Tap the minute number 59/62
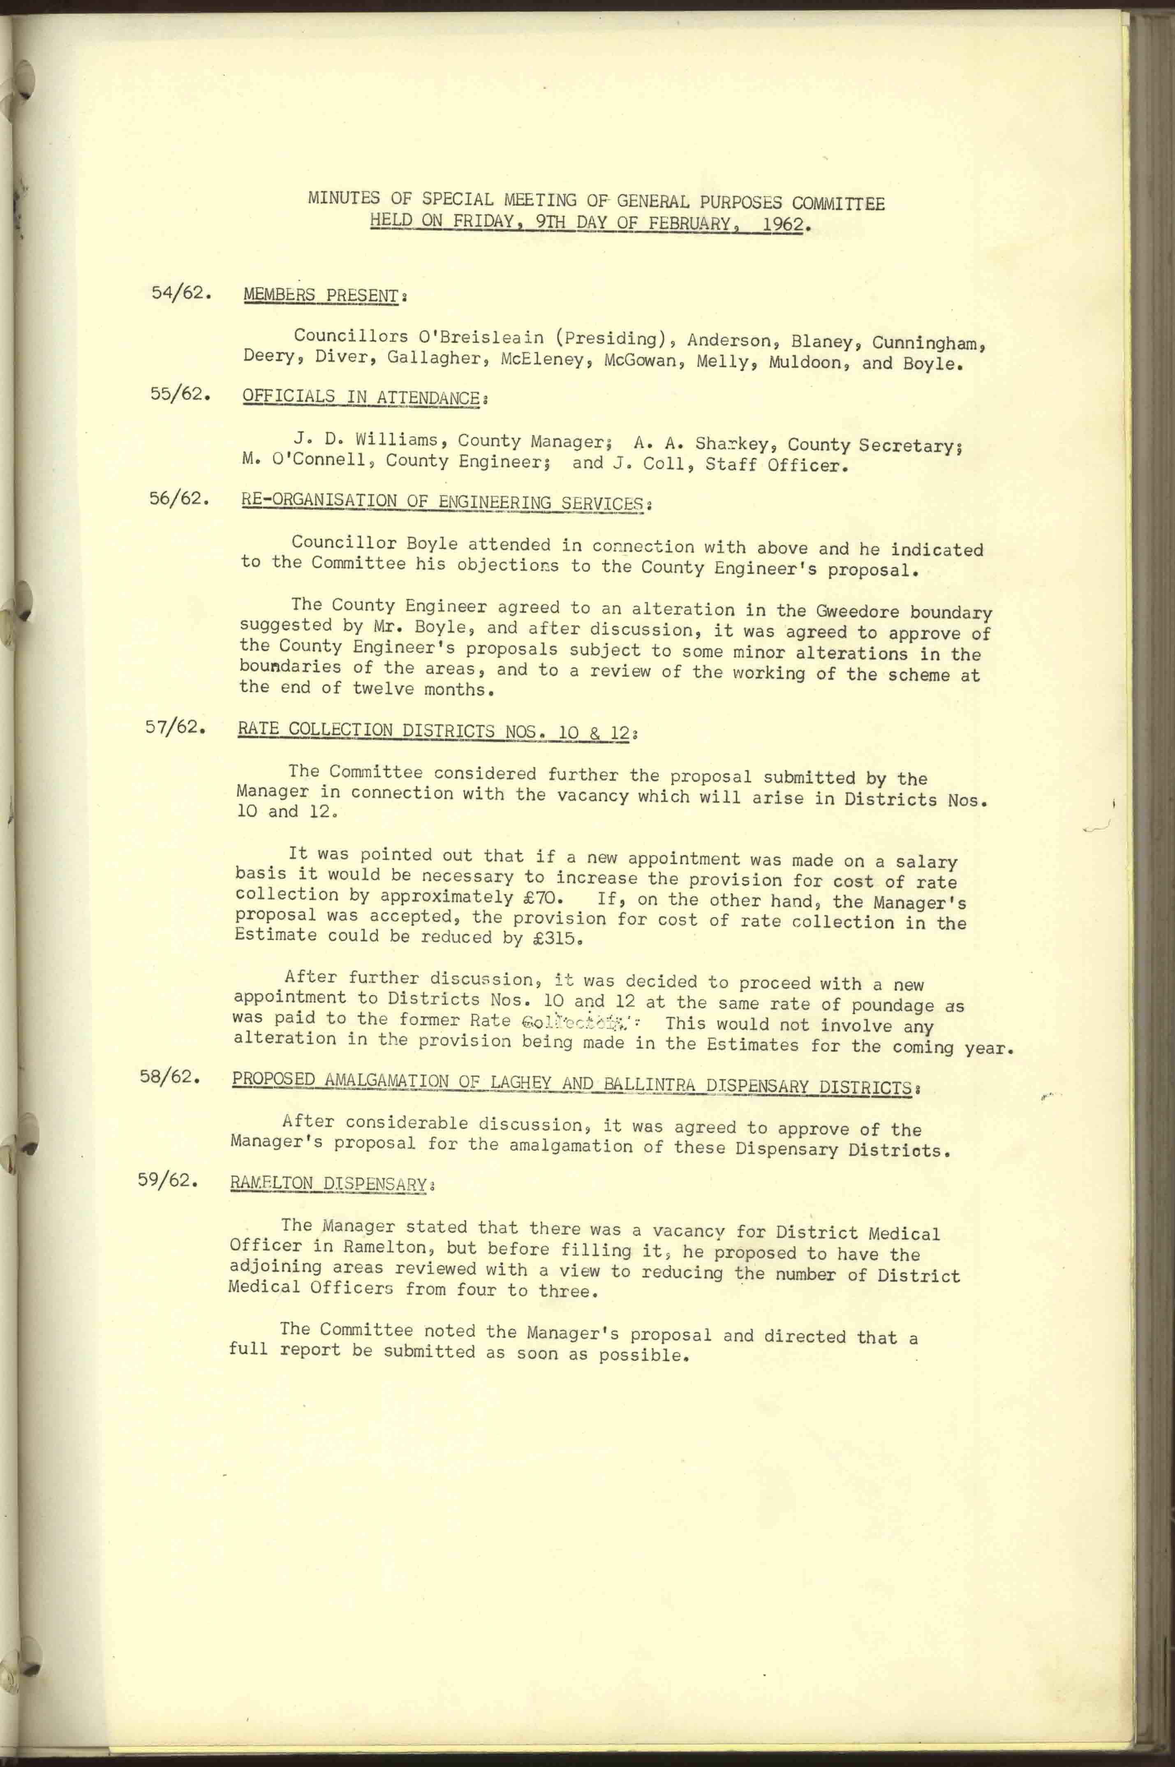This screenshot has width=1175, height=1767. pos(167,1179)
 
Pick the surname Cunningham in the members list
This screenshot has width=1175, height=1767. pos(927,344)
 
